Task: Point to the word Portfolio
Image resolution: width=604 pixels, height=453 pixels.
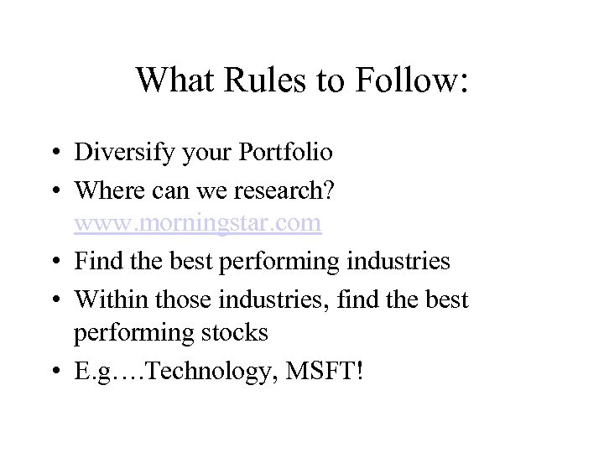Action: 285,154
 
